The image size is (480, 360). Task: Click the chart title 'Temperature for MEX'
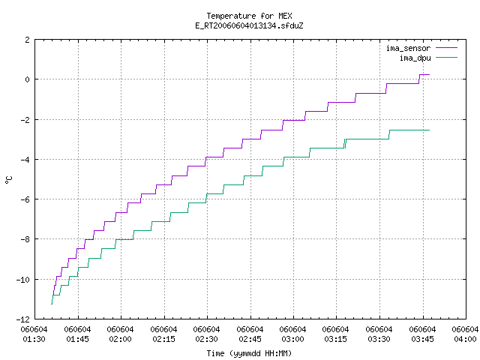249,16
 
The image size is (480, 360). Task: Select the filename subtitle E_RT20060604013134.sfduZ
249,25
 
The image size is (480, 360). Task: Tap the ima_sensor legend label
408,48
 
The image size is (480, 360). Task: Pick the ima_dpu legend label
415,58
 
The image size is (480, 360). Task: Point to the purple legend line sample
447,48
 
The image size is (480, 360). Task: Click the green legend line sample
447,57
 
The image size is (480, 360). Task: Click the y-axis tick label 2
28,40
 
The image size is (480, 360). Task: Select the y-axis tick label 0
28,79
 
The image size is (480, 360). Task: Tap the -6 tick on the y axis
25,199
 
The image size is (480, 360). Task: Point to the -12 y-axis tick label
23,319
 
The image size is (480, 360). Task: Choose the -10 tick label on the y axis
23,280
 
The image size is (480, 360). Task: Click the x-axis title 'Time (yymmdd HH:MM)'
249,353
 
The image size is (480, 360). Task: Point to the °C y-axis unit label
8,180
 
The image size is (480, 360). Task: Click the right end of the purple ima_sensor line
430,74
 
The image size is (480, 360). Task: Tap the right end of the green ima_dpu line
430,130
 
